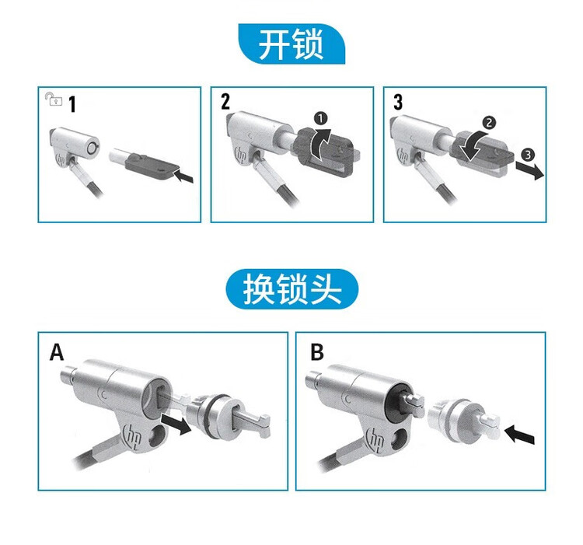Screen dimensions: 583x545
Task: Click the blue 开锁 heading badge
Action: point(291,44)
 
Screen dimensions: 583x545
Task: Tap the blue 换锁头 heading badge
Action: point(292,289)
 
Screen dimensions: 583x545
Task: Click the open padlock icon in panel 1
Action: point(53,100)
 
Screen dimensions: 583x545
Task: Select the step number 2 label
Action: point(225,102)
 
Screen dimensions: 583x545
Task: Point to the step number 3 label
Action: point(398,102)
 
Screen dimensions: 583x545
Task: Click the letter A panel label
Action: point(57,351)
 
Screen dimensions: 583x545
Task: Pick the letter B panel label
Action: point(317,351)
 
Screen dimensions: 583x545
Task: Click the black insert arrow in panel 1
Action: point(184,175)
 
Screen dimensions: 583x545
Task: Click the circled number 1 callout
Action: point(320,119)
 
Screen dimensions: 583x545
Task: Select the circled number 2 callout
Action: point(489,123)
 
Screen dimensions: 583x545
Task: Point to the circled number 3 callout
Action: point(528,154)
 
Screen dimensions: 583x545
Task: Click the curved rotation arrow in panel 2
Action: point(320,145)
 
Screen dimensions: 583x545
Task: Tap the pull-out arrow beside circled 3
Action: point(529,170)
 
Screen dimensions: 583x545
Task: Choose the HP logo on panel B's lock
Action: point(375,438)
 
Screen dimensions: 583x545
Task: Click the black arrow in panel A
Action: point(176,424)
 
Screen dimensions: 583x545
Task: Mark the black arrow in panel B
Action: point(519,435)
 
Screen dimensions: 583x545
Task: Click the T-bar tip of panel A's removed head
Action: point(264,426)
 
